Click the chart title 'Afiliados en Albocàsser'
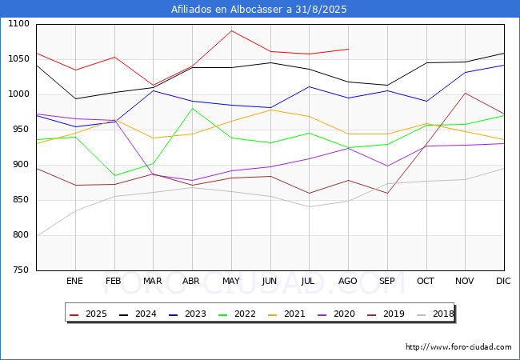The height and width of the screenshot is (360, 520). pyautogui.click(x=259, y=10)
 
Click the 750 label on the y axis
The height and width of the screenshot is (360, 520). pyautogui.click(x=20, y=270)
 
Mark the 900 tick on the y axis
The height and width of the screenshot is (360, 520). pyautogui.click(x=20, y=165)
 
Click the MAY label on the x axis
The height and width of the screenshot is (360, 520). pyautogui.click(x=230, y=281)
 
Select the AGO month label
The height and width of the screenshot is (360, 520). pyautogui.click(x=348, y=281)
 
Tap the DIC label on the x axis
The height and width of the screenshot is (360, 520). pyautogui.click(x=503, y=281)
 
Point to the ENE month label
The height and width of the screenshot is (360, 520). pyautogui.click(x=74, y=281)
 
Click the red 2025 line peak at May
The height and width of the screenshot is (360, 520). pyautogui.click(x=231, y=30)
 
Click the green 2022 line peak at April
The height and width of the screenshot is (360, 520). pyautogui.click(x=192, y=108)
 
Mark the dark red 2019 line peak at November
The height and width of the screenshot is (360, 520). pyautogui.click(x=465, y=94)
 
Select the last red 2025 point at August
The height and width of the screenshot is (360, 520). pyautogui.click(x=348, y=49)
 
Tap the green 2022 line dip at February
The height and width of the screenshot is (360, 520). pyautogui.click(x=114, y=176)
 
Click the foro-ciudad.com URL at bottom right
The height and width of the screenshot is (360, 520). pyautogui.click(x=458, y=347)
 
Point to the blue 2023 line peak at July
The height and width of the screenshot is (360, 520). pyautogui.click(x=310, y=86)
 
